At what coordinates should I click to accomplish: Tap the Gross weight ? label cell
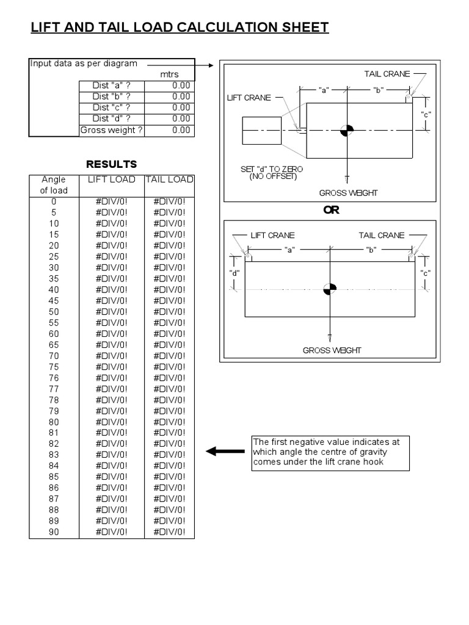click(112, 130)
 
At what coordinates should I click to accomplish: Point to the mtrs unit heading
click(169, 74)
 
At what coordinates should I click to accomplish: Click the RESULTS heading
click(111, 164)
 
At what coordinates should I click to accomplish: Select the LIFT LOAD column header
click(111, 179)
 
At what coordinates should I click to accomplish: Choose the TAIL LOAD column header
click(169, 179)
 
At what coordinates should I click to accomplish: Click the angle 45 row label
click(54, 301)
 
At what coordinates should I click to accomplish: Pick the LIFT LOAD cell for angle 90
click(111, 532)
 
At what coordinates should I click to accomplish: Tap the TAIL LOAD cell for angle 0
click(169, 201)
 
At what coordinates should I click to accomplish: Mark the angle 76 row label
click(54, 378)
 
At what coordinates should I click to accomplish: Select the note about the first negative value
click(330, 452)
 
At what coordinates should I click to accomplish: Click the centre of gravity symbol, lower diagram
click(330, 289)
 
